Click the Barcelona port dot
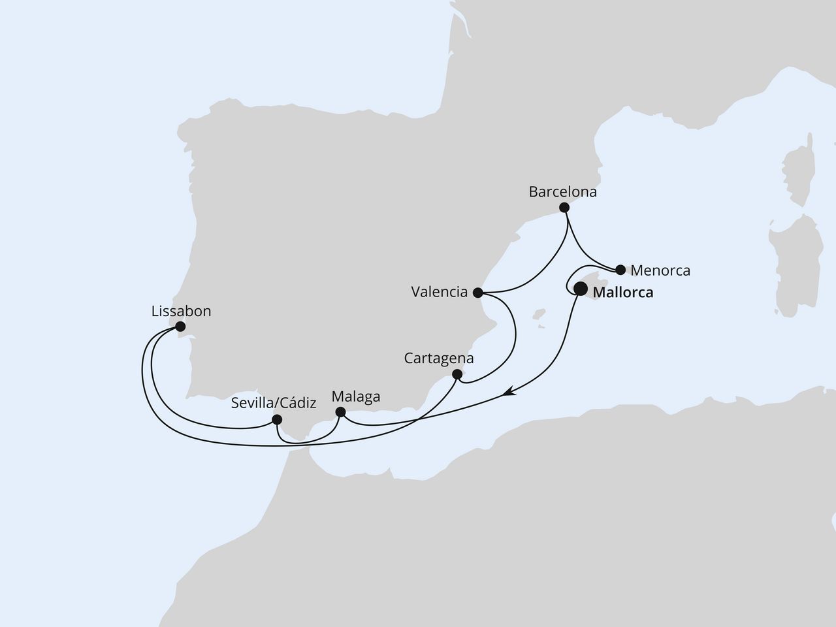click(564, 208)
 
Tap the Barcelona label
click(563, 193)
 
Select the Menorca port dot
click(620, 270)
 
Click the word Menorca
click(660, 270)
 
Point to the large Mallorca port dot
click(580, 288)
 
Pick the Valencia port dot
click(478, 292)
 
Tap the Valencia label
click(440, 292)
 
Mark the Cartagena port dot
click(457, 374)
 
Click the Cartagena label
click(439, 359)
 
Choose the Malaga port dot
click(340, 412)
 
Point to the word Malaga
click(356, 396)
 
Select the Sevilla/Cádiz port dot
click(277, 419)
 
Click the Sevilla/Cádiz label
click(274, 404)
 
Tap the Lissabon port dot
click(180, 326)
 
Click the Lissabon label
click(181, 312)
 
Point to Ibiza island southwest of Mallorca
click(539, 319)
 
